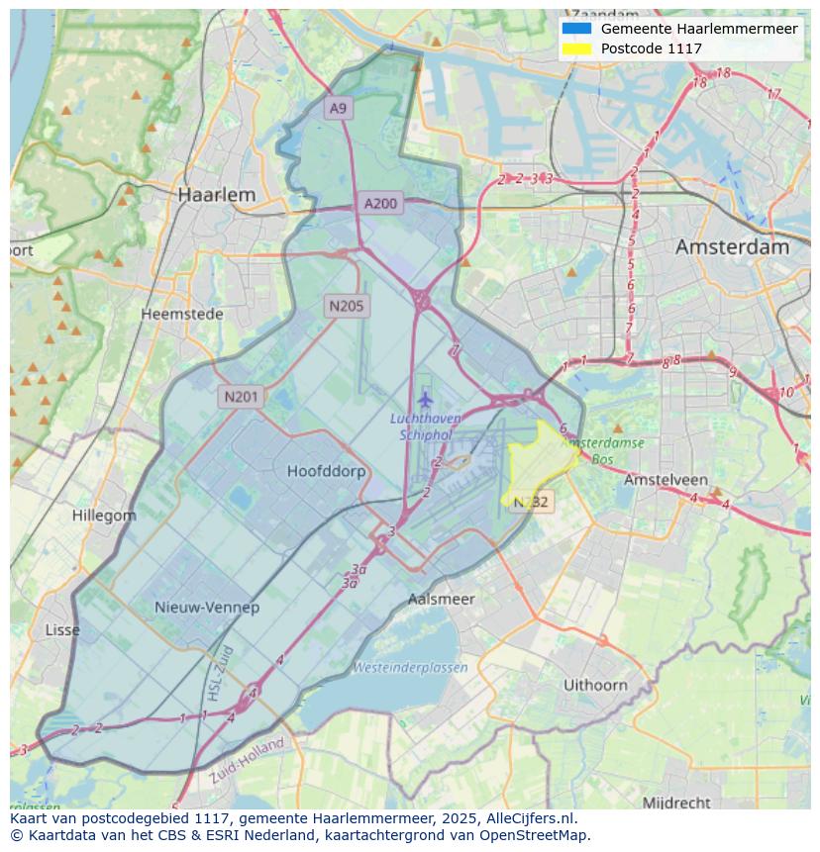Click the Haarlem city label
[x=216, y=195]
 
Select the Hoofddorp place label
[x=326, y=471]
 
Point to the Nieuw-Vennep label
[x=207, y=607]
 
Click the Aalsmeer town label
[x=441, y=599]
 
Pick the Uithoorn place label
[x=595, y=685]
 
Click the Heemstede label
[x=181, y=314]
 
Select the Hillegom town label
[x=104, y=516]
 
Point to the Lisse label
[x=62, y=630]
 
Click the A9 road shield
[x=339, y=108]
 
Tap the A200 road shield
[x=380, y=204]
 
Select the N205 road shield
[x=347, y=306]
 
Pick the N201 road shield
[x=241, y=397]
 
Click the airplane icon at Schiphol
[x=425, y=400]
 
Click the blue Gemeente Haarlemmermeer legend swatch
[x=575, y=29]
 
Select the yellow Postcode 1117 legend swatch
[x=575, y=48]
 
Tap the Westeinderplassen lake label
[x=410, y=668]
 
